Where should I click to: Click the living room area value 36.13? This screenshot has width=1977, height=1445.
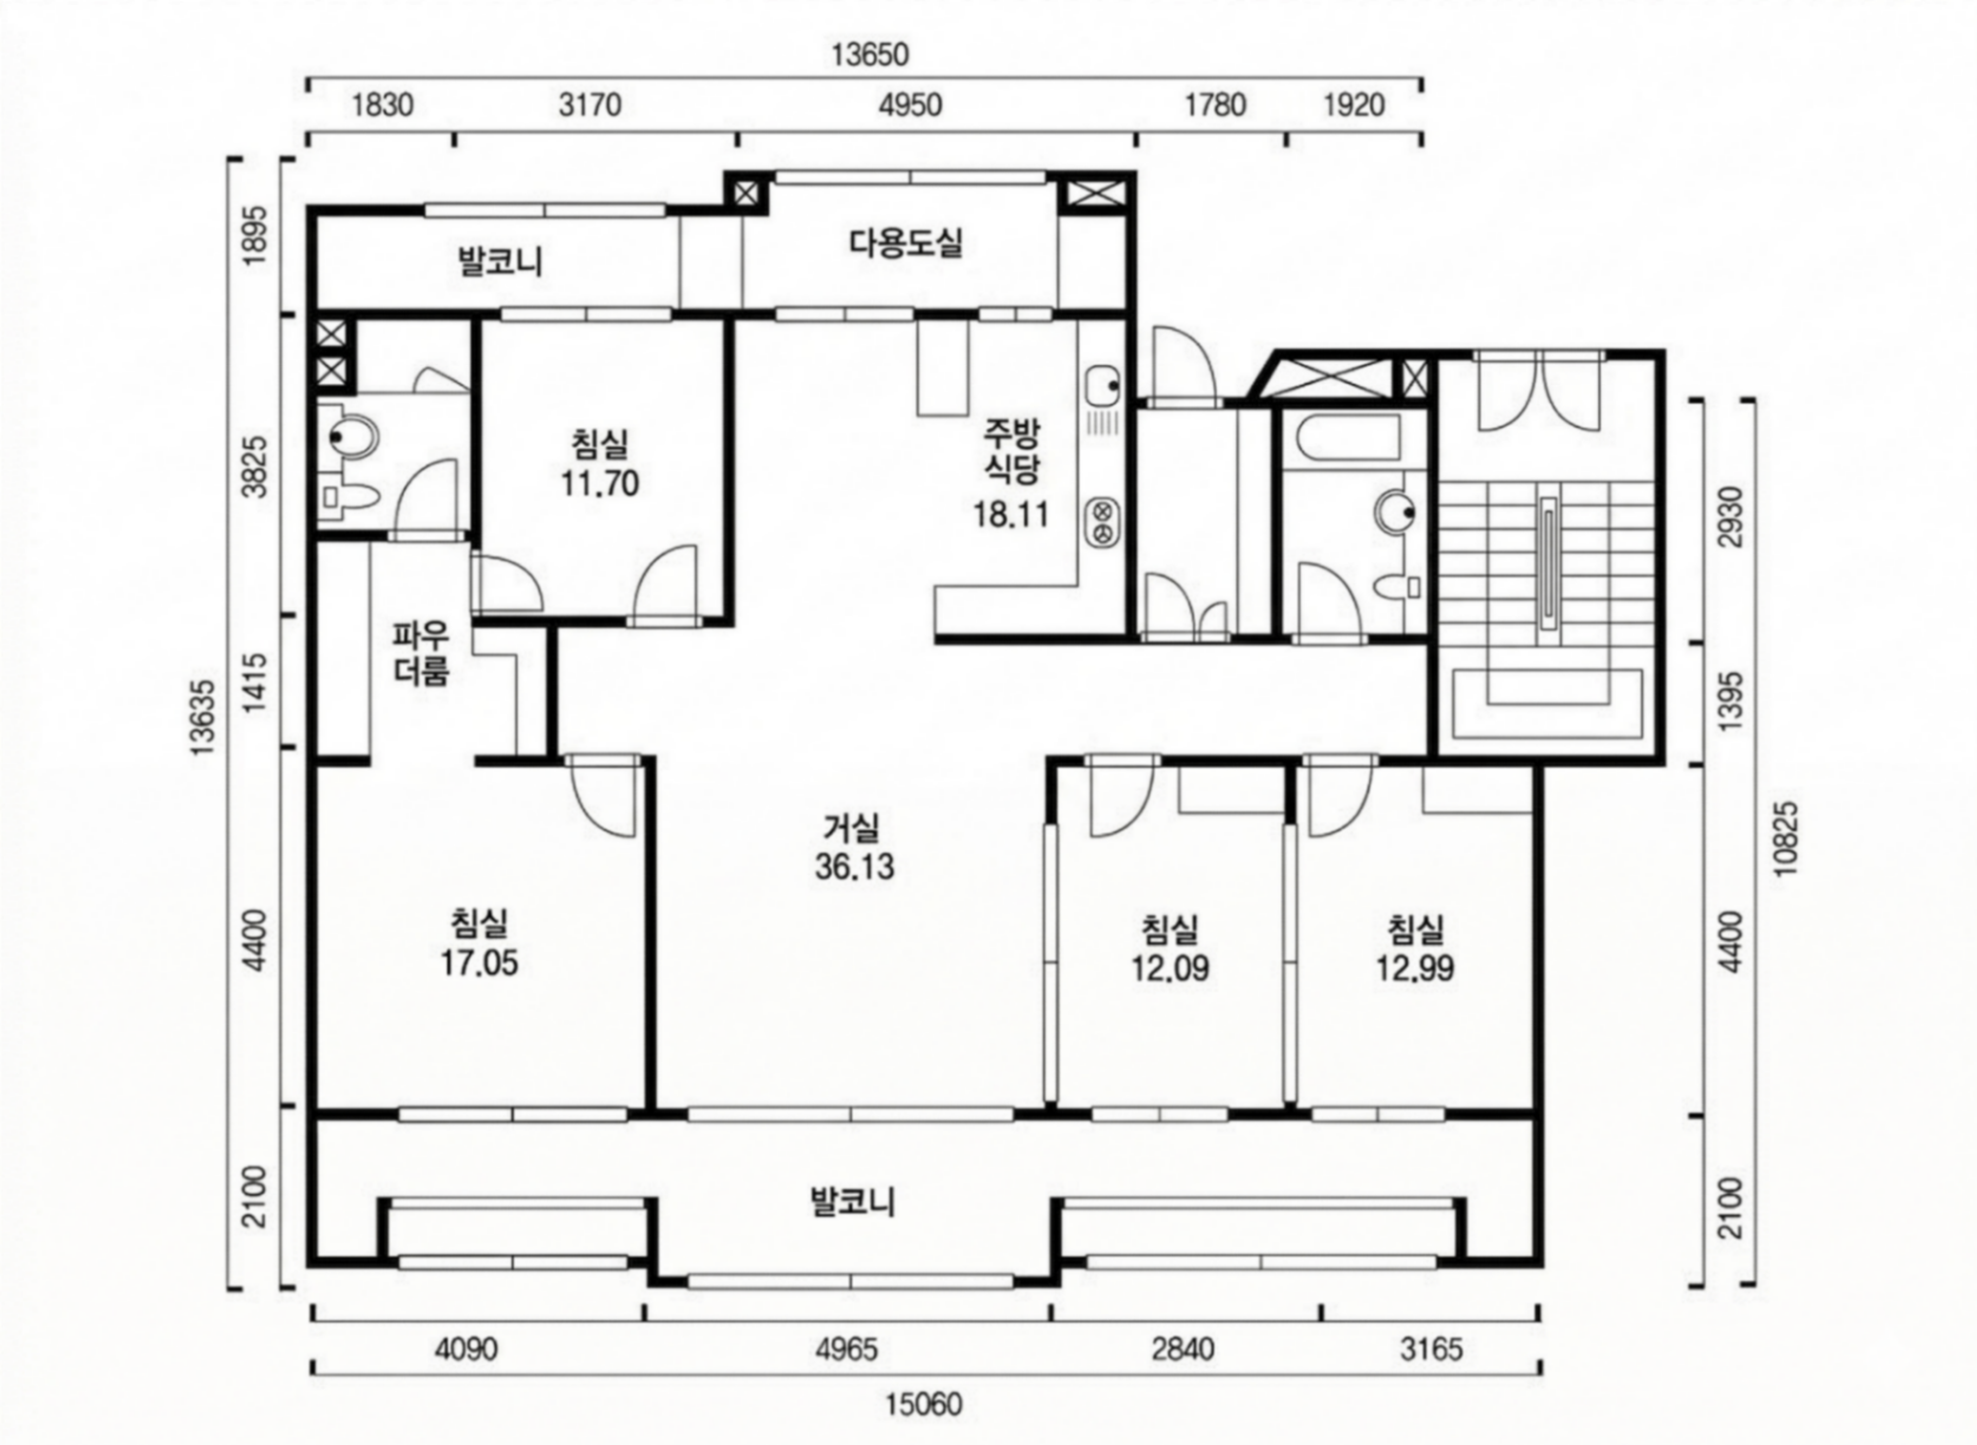pyautogui.click(x=855, y=867)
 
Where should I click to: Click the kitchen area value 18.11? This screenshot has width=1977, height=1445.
pyautogui.click(x=1011, y=514)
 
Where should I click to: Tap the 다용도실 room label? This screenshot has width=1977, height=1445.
pyautogui.click(x=906, y=243)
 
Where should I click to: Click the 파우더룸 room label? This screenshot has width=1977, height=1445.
pyautogui.click(x=421, y=653)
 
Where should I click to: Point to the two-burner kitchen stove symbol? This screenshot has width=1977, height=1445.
pyautogui.click(x=1103, y=521)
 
